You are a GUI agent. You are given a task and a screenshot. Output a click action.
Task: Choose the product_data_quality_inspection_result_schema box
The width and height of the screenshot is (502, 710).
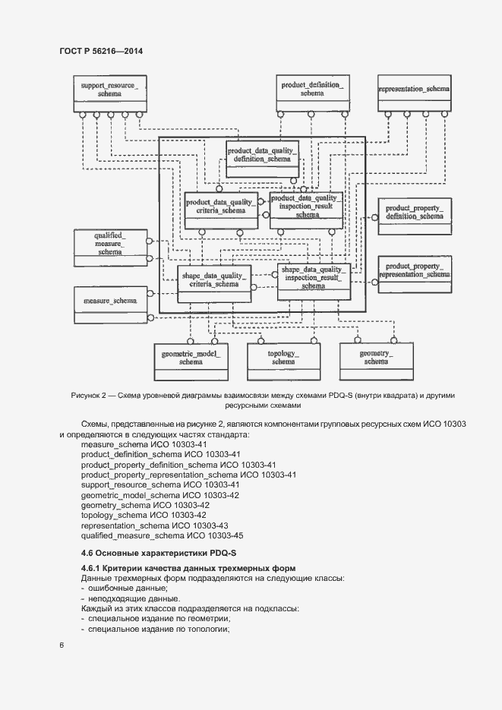306,207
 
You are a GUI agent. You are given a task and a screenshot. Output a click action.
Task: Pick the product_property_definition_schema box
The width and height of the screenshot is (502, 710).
413,214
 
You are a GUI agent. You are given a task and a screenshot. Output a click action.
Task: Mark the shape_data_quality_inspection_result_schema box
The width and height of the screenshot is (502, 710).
314,280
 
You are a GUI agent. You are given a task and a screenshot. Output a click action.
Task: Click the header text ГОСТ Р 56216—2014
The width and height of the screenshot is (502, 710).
101,52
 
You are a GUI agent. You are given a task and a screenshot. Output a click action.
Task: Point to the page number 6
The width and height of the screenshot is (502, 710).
61,645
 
